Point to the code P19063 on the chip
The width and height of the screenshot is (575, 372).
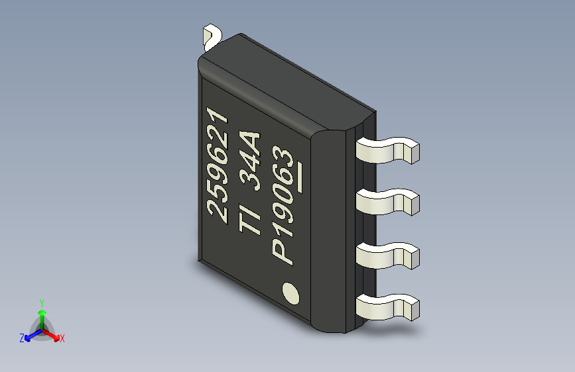coord(283,206)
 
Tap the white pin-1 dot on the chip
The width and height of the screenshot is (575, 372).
coord(290,293)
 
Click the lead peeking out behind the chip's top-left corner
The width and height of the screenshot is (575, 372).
coord(213,35)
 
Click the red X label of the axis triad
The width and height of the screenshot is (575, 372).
coord(62,338)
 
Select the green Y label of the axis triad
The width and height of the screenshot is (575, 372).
coord(41,301)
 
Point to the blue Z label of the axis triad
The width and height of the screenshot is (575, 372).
coord(22,338)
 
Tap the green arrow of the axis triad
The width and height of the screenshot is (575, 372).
coord(41,315)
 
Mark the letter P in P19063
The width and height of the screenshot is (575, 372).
coord(283,252)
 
